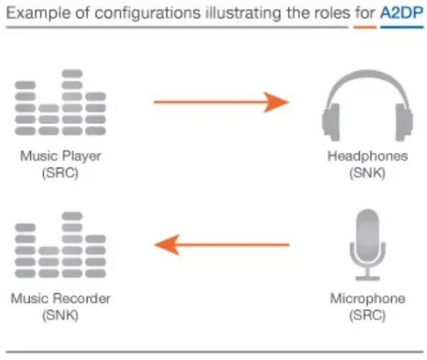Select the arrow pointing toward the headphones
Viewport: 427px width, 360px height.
pyautogui.click(x=221, y=102)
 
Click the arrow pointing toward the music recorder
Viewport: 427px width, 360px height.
pyautogui.click(x=221, y=245)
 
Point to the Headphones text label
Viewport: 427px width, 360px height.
pyautogui.click(x=367, y=156)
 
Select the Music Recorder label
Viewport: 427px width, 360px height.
pyautogui.click(x=60, y=298)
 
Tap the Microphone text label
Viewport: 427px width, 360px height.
pyautogui.click(x=367, y=298)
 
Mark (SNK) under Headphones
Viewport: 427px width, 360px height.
pyautogui.click(x=367, y=173)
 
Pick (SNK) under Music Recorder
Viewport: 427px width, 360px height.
pyautogui.click(x=60, y=315)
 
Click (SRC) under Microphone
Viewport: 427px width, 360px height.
pyautogui.click(x=367, y=315)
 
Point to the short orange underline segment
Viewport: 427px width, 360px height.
pyautogui.click(x=365, y=27)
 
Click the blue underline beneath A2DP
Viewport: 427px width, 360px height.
pyautogui.click(x=402, y=27)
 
